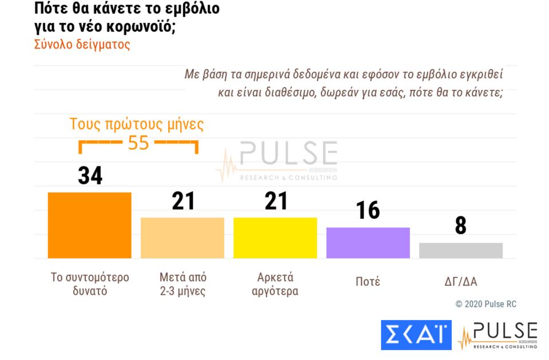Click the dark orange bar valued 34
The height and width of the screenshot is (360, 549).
coord(90,225)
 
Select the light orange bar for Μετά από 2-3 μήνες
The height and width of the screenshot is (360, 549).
coord(182,238)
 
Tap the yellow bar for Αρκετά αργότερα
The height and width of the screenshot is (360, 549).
coord(275,238)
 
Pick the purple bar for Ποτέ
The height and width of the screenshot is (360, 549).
coord(368,243)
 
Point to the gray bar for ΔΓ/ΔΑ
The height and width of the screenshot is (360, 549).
coord(460,250)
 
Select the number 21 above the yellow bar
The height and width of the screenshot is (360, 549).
coord(275,201)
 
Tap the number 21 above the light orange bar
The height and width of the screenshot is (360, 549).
coord(183,201)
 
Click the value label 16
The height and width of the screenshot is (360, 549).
coord(368,211)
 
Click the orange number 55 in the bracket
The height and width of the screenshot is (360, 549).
coord(138,143)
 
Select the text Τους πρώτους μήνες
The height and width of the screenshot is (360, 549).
coord(137,124)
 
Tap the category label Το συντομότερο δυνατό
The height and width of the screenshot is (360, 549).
coord(90,284)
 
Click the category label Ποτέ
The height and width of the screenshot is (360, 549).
coord(367,282)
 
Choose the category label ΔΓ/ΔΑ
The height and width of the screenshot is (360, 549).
coord(460,282)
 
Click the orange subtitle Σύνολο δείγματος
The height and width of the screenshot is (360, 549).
coord(82,45)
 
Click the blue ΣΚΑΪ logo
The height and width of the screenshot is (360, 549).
coord(416,335)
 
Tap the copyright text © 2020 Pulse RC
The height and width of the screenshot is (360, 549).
coord(486,304)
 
